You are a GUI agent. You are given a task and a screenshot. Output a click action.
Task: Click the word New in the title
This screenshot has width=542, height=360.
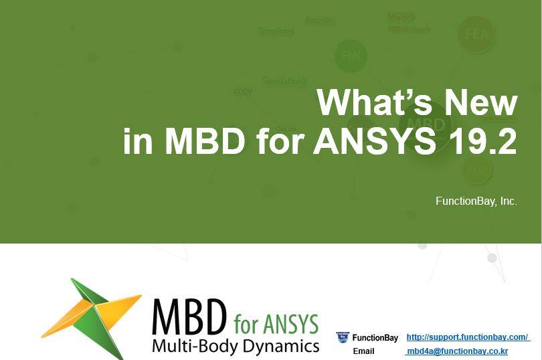click(x=482, y=103)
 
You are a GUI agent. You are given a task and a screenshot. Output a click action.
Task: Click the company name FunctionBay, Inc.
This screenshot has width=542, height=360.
click(x=476, y=201)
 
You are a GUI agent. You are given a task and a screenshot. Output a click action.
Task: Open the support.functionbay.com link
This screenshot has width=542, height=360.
click(x=468, y=337)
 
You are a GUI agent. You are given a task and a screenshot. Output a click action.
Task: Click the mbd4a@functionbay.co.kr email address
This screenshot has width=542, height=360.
click(x=457, y=351)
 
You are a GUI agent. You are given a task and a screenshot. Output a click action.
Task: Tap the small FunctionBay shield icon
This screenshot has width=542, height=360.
click(x=343, y=338)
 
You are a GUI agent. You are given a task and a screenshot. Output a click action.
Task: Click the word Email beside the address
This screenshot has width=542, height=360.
click(x=363, y=351)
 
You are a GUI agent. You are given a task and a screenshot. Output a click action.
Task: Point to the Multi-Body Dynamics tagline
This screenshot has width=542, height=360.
click(x=236, y=346)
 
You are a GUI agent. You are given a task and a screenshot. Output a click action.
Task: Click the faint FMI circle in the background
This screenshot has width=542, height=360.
click(x=351, y=56)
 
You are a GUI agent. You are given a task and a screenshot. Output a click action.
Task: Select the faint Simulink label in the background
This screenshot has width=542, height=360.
click(x=276, y=31)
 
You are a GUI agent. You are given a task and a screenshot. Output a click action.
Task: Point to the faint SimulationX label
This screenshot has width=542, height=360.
click(x=285, y=82)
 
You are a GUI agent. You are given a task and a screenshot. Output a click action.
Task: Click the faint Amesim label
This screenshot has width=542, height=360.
click(x=319, y=21)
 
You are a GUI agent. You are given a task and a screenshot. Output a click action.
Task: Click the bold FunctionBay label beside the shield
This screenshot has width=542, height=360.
click(x=375, y=338)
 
